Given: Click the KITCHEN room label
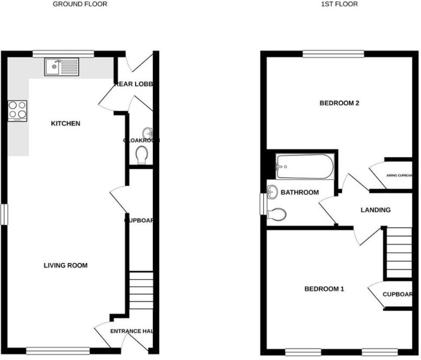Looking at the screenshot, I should click(65, 124).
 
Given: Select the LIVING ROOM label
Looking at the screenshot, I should click(66, 266).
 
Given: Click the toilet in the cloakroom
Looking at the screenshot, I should click(143, 156).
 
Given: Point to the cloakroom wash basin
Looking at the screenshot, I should click(148, 133).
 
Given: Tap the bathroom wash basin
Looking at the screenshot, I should click(273, 191).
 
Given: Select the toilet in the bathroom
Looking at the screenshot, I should click(277, 215).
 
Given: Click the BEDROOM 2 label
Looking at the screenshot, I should click(340, 103).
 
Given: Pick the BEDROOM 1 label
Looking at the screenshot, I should click(324, 289).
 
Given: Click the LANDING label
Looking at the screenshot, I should click(375, 210).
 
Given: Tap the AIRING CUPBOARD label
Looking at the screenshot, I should click(399, 176).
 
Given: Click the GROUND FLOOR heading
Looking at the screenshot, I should click(80, 4).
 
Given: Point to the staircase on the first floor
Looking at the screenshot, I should click(398, 252).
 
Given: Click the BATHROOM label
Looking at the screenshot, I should click(299, 192).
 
